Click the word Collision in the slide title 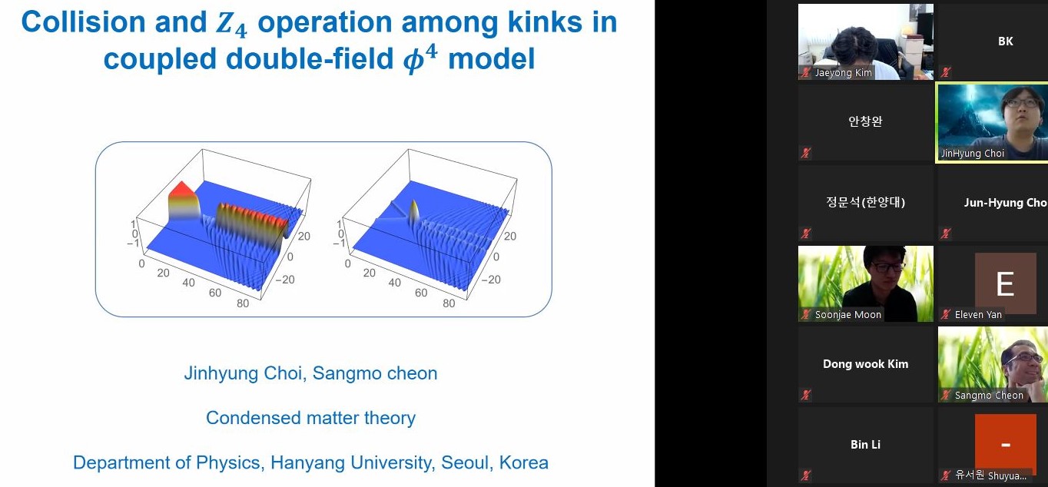[84, 22]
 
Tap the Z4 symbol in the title [231, 25]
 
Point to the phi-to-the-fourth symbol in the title [420, 58]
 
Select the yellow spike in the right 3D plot [414, 214]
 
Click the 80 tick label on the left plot [243, 303]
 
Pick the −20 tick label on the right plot [491, 280]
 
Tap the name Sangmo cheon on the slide [375, 373]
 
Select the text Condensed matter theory [310, 418]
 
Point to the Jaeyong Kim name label [843, 72]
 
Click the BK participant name [1005, 41]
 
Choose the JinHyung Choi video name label [972, 154]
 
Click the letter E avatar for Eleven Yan [1006, 283]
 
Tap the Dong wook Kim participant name [866, 364]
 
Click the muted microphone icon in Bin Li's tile [806, 475]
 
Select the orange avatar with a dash [1006, 442]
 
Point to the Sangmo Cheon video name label [989, 396]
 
